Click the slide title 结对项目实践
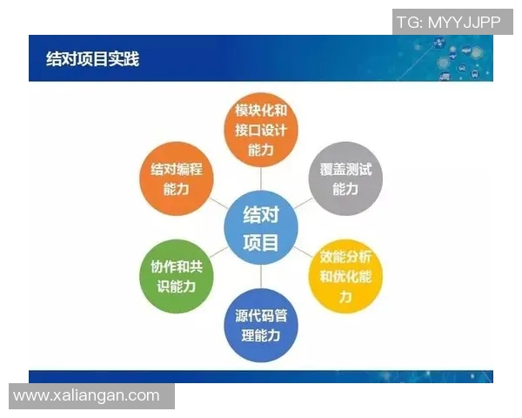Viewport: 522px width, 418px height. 92,59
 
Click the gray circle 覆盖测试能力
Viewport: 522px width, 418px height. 345,179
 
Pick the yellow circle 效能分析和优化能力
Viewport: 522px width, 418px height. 345,277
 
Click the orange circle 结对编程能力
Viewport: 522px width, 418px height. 176,179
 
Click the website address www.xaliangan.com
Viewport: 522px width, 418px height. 87,395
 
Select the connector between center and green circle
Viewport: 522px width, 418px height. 217,253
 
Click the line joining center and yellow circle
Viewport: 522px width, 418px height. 304,252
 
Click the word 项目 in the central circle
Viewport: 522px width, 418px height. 260,242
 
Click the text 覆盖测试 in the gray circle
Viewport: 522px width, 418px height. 345,169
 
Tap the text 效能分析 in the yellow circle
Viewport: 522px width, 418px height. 345,258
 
